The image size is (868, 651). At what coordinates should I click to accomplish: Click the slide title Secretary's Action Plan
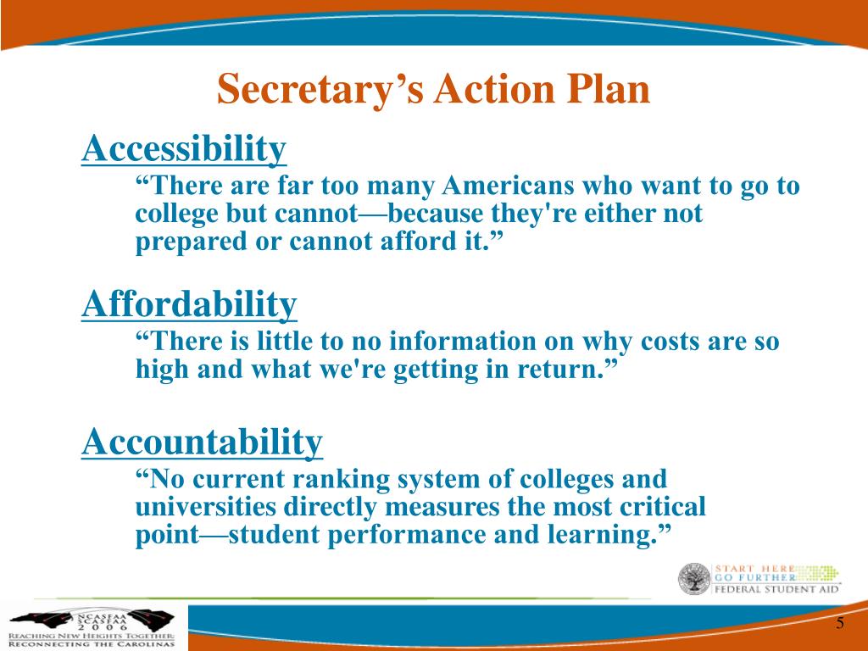click(433, 89)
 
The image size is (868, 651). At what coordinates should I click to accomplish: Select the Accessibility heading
click(184, 148)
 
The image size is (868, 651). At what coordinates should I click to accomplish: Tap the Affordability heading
click(189, 304)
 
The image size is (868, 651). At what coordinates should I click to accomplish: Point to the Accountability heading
click(202, 442)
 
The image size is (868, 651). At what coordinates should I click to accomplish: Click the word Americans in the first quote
click(508, 186)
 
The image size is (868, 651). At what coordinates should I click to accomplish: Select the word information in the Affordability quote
click(462, 341)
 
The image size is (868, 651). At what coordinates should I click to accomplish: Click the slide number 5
click(840, 623)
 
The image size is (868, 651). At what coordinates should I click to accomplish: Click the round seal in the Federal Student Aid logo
click(694, 579)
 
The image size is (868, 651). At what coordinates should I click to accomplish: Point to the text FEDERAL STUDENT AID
click(776, 590)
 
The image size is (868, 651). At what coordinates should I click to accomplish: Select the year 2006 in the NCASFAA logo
click(103, 628)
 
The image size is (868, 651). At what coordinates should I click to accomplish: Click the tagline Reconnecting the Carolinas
click(92, 644)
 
